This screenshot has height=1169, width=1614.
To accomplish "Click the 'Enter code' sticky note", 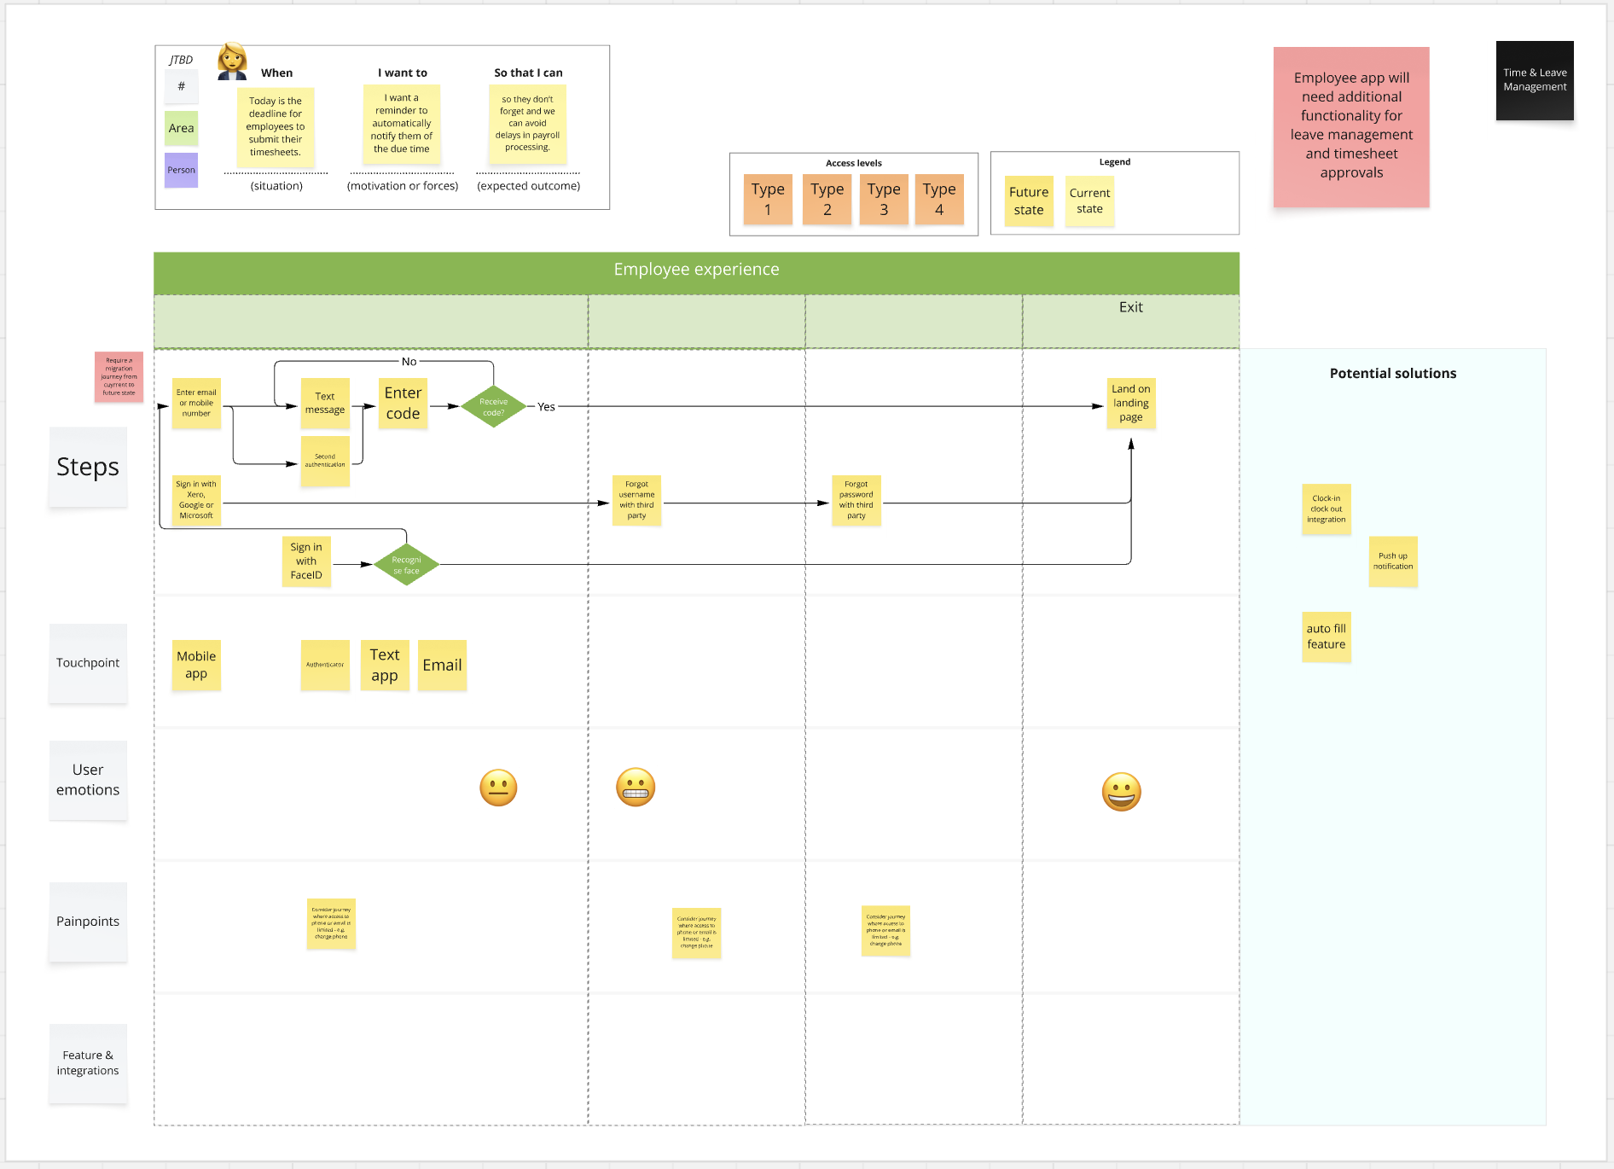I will [403, 404].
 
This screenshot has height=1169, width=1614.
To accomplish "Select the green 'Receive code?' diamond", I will [493, 407].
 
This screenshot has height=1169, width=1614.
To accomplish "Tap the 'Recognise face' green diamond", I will [406, 565].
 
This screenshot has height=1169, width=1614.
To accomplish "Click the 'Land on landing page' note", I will [1130, 403].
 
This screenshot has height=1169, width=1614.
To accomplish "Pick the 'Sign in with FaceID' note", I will [306, 561].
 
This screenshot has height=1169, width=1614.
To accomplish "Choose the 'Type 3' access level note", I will [883, 200].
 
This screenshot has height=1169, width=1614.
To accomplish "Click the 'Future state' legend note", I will [1029, 201].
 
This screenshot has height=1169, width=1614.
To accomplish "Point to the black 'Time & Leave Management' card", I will [1534, 80].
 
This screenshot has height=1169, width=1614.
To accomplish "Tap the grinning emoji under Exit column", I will [1121, 792].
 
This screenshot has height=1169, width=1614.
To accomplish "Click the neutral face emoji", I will [498, 788].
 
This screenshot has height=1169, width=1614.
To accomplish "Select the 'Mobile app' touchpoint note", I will [196, 665].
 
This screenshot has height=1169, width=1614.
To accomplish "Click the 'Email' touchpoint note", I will [442, 665].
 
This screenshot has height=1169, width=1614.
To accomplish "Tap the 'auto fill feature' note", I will [1326, 637].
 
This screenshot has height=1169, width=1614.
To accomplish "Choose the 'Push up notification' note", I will [1392, 561].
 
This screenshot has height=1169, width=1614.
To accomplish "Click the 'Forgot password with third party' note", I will [856, 500].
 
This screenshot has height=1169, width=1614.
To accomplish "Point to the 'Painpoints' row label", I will [88, 922].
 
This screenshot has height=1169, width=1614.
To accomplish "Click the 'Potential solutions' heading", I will [1392, 374].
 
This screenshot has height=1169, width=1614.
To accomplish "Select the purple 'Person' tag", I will [181, 170].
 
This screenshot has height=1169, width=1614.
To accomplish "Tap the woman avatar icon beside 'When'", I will [232, 61].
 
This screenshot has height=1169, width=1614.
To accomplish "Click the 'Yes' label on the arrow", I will [546, 407].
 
